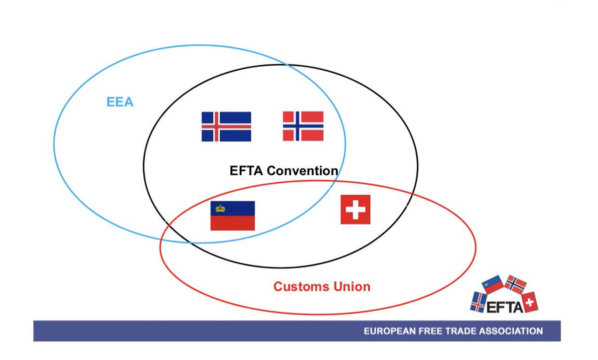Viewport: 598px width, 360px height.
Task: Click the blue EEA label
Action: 120,102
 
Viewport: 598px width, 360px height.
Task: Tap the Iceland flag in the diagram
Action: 226,126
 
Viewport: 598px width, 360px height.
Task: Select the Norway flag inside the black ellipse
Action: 303,126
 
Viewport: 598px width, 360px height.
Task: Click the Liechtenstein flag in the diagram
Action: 232,216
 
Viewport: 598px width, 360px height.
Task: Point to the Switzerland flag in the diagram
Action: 355,209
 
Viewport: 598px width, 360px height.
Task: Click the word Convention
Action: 302,171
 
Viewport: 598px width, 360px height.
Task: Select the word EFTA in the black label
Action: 247,171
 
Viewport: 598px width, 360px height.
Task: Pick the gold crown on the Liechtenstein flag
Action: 220,209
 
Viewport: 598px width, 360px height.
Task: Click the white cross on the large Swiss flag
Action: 355,209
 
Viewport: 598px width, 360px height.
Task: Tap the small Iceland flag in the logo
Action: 478,302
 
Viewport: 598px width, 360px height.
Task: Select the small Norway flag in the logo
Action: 516,284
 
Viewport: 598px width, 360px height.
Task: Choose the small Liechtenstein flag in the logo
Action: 493,284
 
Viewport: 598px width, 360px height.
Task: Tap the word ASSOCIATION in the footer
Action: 511,331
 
